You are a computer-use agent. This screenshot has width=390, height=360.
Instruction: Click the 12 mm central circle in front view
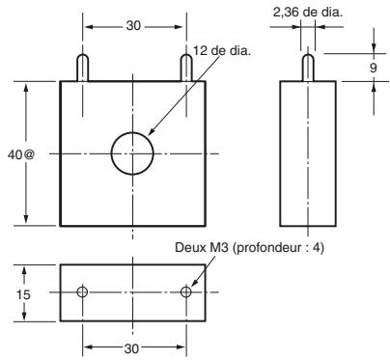pos(132,153)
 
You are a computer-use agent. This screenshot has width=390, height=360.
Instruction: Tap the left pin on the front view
pos(82,69)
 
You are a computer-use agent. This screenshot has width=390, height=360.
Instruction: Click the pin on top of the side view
pos(308,69)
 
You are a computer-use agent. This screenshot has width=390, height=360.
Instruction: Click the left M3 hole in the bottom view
pos(82,291)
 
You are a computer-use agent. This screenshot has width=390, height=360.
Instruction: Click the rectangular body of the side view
pos(308,153)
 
